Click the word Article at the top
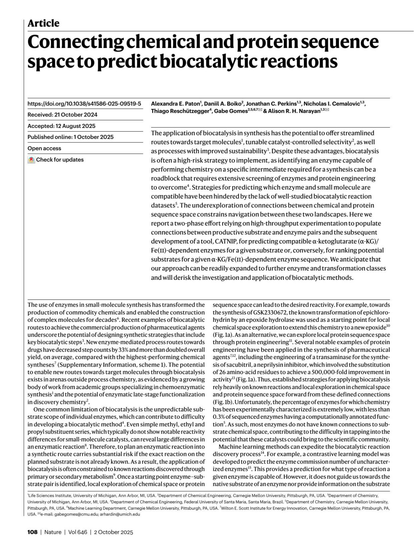pyautogui.click(x=43, y=23)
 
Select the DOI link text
pyautogui.click(x=84, y=103)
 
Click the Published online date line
pyautogui.click(x=70, y=137)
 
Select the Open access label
pyautogui.click(x=44, y=148)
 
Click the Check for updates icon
pyautogui.click(x=31, y=160)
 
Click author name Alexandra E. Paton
pyautogui.click(x=175, y=104)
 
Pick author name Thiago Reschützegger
pyautogui.click(x=180, y=111)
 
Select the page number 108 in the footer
pyautogui.click(x=32, y=532)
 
